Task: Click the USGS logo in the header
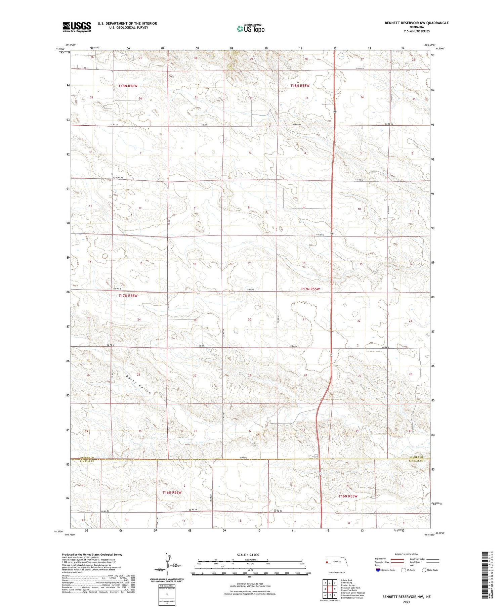77,27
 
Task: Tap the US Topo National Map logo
250,29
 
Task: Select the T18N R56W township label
128,86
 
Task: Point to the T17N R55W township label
310,289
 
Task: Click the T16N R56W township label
172,492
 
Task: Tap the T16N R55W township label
348,496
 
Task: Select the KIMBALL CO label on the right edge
421,461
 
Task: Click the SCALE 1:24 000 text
248,555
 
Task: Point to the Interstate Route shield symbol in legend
378,570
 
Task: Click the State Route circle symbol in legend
424,570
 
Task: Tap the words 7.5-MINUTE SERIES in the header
417,31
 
